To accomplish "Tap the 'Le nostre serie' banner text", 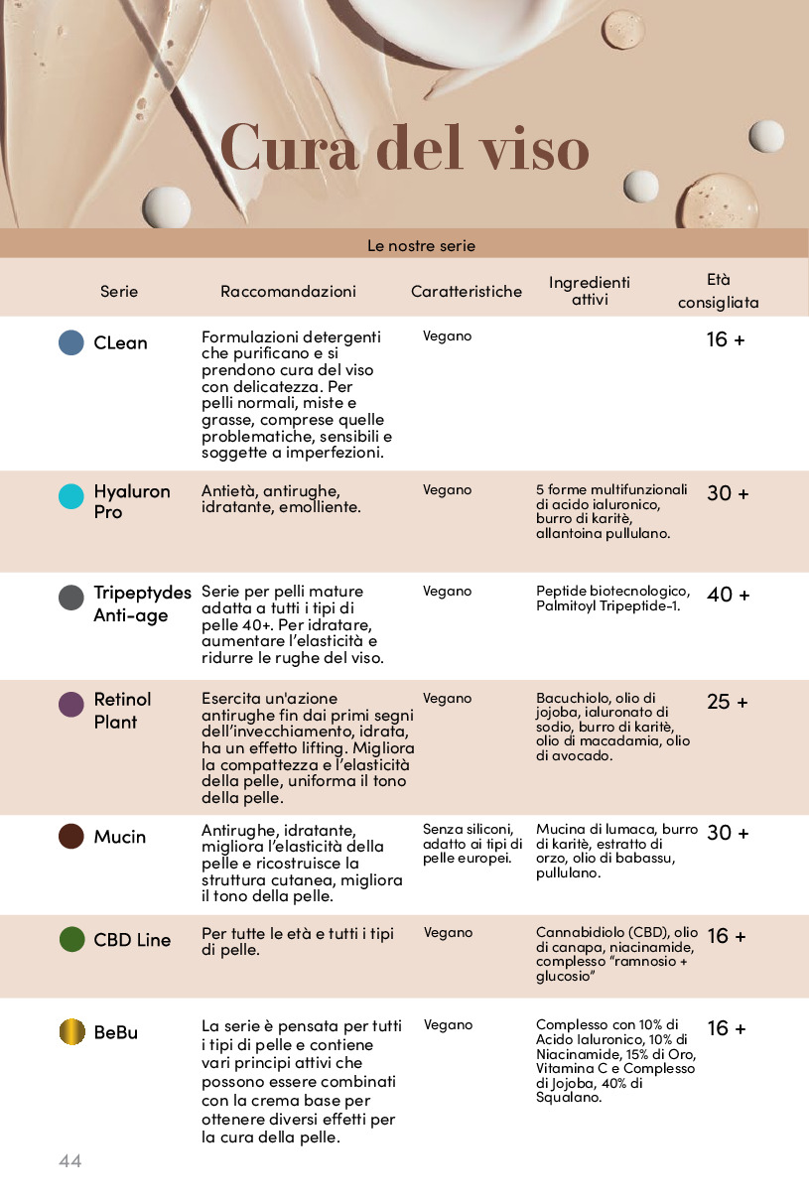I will pos(421,245).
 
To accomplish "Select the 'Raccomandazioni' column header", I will pos(288,292).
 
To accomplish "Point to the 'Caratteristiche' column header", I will pos(467,292).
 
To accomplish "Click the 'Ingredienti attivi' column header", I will pos(590,291).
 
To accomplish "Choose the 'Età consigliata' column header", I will pos(719,291).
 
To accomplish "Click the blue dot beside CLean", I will pos(71,342).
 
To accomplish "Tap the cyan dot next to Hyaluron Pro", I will pos(71,496).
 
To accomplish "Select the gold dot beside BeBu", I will pos(71,1031).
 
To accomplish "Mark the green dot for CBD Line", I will pos(71,939).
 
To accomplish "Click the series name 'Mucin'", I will pos(120,837).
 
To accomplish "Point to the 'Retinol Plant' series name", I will pos(122,711).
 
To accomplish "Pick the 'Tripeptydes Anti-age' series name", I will pos(142,603).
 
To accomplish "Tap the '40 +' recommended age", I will pos(728,596).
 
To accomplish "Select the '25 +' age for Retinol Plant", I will pos(727,703).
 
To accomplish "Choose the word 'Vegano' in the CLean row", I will pos(447,336).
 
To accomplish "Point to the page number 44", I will pos(69,1160).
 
